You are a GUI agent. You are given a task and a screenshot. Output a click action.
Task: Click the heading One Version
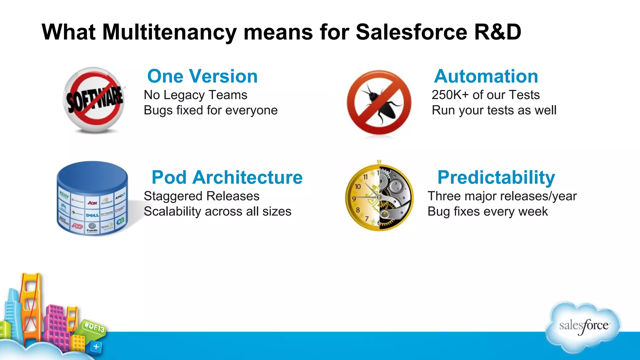point(202,76)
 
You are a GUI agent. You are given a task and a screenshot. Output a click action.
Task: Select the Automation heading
point(486,76)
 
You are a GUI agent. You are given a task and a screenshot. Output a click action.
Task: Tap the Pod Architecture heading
point(227,177)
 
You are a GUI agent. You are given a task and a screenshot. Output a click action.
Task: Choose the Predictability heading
point(496,177)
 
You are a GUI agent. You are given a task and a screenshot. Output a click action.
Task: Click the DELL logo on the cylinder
point(92,215)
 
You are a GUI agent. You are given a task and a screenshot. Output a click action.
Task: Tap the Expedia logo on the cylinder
point(92,228)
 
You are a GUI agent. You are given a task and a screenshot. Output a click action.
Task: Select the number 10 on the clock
point(357,187)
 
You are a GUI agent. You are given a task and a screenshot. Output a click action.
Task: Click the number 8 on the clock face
point(358,210)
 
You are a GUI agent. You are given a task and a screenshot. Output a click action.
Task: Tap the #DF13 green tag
point(94,327)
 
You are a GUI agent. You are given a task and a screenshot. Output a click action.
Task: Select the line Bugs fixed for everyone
point(210,110)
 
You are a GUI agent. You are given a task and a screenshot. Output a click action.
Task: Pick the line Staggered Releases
point(201,196)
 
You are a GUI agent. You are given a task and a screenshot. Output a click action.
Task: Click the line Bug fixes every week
point(487,212)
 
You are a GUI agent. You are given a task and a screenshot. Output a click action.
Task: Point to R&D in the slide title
point(497,32)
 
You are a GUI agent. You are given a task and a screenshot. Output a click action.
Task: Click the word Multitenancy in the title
point(169,32)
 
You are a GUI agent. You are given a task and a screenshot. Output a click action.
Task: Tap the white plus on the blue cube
point(96,347)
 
